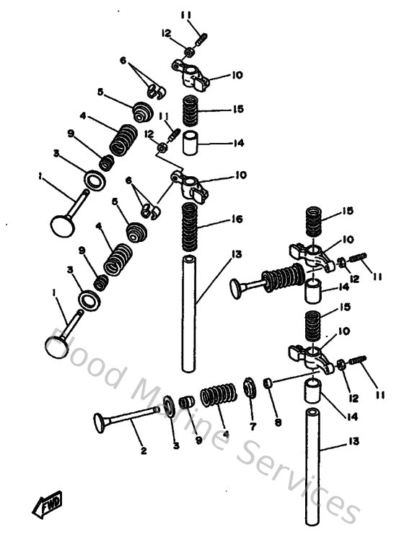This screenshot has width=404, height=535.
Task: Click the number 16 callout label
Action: pyautogui.click(x=237, y=219)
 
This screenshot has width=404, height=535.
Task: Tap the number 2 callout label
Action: pyautogui.click(x=144, y=451)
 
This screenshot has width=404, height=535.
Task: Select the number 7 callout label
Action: pyautogui.click(x=252, y=427)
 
